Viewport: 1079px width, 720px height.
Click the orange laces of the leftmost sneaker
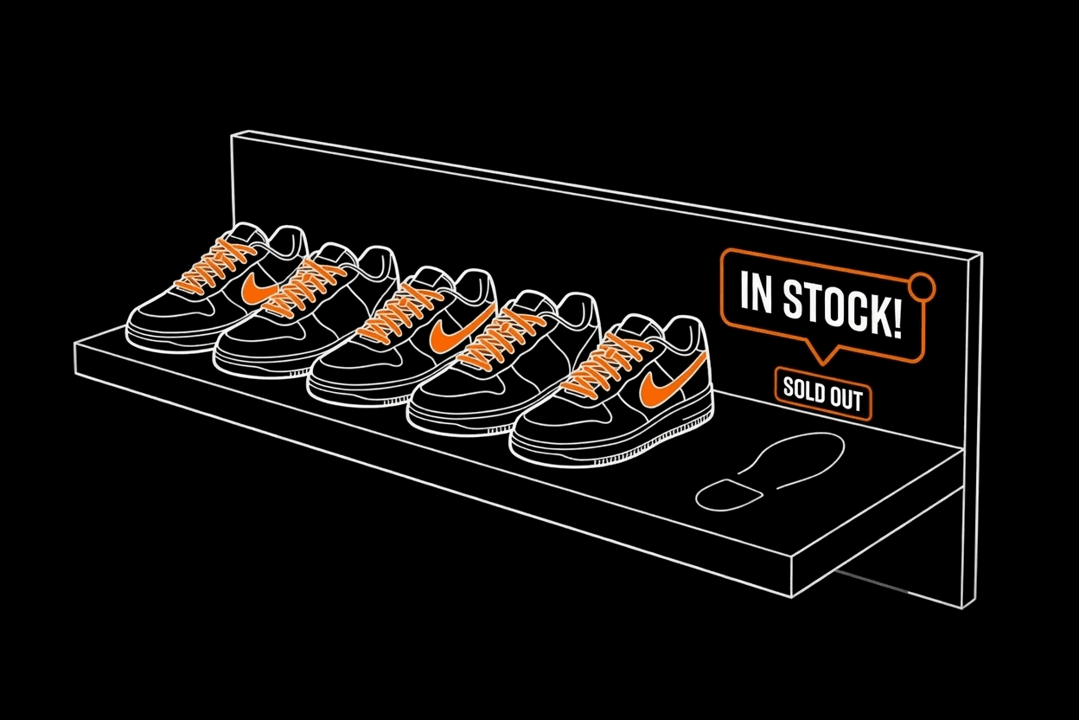point(215,267)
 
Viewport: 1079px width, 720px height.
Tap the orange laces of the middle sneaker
point(399,313)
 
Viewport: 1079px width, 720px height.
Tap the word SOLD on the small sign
point(803,389)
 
